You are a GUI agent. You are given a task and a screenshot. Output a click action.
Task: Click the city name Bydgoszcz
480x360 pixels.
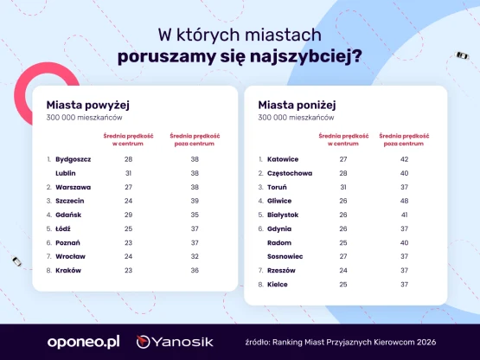click(74, 159)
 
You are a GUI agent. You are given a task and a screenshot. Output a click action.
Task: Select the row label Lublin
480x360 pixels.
click(66, 173)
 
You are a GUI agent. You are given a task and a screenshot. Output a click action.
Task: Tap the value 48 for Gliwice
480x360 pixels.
click(404, 201)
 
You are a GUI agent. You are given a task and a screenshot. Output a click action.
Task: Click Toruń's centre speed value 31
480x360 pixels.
click(343, 187)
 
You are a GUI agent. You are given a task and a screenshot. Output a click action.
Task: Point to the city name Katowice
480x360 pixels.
click(283, 159)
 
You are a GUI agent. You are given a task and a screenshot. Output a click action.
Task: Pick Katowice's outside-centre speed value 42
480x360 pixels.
click(404, 159)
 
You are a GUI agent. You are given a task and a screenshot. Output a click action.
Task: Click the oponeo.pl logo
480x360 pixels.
click(83, 342)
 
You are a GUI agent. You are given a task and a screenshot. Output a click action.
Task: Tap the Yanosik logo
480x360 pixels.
click(175, 342)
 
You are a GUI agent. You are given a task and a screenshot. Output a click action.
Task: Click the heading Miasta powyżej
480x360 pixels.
click(88, 105)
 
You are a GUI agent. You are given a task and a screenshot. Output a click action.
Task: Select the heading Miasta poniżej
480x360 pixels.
click(297, 105)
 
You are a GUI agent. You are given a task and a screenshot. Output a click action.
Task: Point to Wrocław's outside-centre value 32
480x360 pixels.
click(195, 256)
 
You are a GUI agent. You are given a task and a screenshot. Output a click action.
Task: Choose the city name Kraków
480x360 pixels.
click(68, 271)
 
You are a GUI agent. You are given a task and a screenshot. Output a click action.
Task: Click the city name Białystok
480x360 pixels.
click(283, 215)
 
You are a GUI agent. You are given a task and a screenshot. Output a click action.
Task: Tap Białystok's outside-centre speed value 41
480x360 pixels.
click(404, 215)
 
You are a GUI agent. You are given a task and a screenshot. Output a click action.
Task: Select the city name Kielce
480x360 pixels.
click(278, 285)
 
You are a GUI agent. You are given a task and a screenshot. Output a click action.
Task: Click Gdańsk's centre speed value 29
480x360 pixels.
click(128, 215)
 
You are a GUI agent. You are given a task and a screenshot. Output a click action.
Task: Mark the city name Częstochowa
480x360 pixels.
click(290, 173)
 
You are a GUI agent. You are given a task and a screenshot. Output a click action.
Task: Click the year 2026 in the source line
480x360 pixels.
click(426, 342)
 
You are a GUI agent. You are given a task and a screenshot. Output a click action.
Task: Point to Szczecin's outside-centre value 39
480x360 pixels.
click(195, 201)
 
